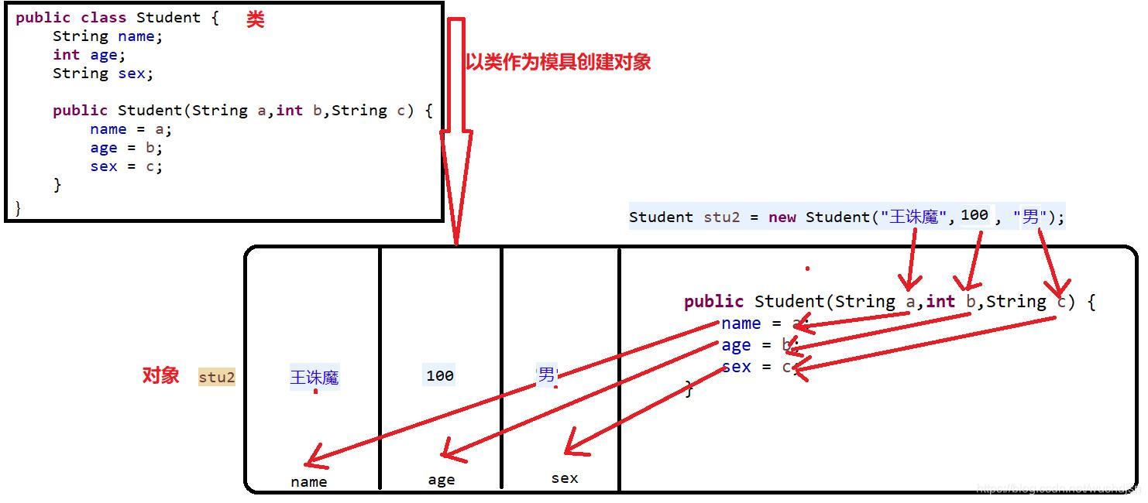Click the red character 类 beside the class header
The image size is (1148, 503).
click(x=256, y=20)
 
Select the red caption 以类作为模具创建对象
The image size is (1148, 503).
click(x=558, y=63)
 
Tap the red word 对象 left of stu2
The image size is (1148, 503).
click(x=160, y=376)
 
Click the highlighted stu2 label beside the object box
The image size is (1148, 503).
click(x=217, y=378)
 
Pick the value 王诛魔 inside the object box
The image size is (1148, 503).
click(x=314, y=378)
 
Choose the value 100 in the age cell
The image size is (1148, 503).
click(x=439, y=376)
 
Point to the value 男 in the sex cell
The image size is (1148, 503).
click(x=547, y=375)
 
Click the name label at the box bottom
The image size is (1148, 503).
click(x=309, y=482)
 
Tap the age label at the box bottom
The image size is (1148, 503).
click(x=442, y=481)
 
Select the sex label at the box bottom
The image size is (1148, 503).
click(x=565, y=479)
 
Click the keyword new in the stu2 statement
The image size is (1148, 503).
click(x=782, y=217)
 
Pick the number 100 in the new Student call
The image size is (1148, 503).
click(x=974, y=215)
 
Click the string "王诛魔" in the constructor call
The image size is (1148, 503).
click(x=913, y=217)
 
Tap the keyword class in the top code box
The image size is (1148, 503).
click(x=98, y=18)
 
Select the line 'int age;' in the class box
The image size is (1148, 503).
click(x=89, y=55)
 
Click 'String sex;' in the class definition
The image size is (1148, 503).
click(x=103, y=74)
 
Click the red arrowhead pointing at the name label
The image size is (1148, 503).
click(x=313, y=462)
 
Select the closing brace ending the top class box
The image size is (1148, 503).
click(x=18, y=207)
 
